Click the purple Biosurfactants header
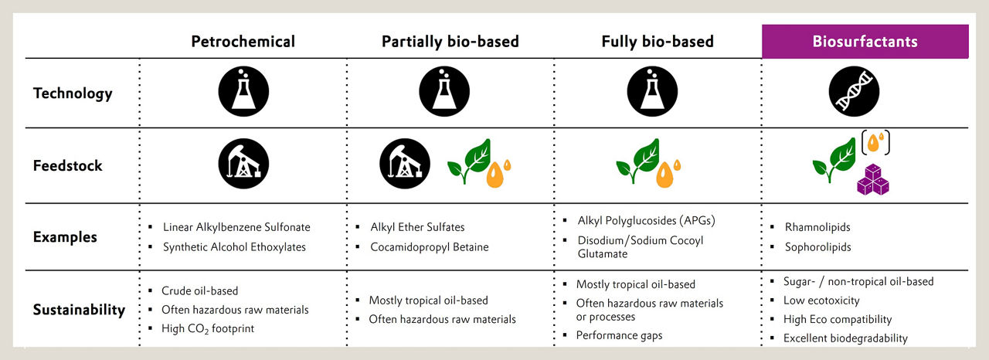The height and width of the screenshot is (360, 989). point(865,42)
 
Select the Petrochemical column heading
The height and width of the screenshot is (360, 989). point(243,42)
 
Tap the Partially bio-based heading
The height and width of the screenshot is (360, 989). point(450,42)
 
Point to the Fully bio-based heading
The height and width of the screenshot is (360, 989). point(658,42)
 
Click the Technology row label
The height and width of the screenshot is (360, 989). point(73,93)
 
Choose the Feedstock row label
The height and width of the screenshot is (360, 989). point(67,165)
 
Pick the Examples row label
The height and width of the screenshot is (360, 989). point(65,237)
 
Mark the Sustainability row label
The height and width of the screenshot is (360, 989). point(79,310)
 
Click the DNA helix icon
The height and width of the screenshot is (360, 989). point(854,91)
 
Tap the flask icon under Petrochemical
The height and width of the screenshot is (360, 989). point(243,91)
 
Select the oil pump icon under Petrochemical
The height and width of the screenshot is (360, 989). point(243,164)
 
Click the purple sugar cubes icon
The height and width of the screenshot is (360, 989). point(873,179)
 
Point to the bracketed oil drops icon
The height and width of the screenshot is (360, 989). point(875,142)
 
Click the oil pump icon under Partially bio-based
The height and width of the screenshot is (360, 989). point(404,164)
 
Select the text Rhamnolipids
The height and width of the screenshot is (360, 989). point(817,227)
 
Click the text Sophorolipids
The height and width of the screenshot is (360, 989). point(817,247)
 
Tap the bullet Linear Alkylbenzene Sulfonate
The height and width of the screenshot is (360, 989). point(229,227)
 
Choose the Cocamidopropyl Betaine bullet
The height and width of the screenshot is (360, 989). point(423,247)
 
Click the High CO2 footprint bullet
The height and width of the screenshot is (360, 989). point(202,328)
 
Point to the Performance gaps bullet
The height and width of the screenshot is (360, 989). point(613,335)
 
